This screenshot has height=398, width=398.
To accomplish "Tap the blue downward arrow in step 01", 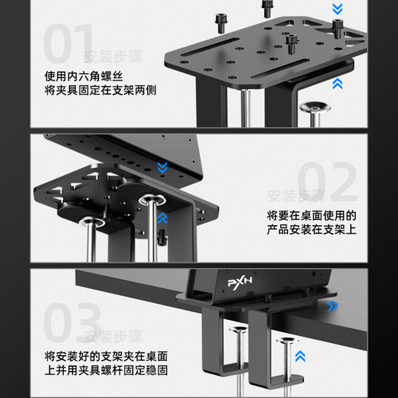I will pyautogui.click(x=338, y=10).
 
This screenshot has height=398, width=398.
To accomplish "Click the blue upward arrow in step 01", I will pyautogui.click(x=338, y=82).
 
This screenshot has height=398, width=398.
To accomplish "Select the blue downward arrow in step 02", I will pyautogui.click(x=162, y=167).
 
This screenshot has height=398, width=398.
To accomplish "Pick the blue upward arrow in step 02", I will pyautogui.click(x=162, y=216).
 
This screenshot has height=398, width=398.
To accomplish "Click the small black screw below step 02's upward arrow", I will pyautogui.click(x=162, y=236).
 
